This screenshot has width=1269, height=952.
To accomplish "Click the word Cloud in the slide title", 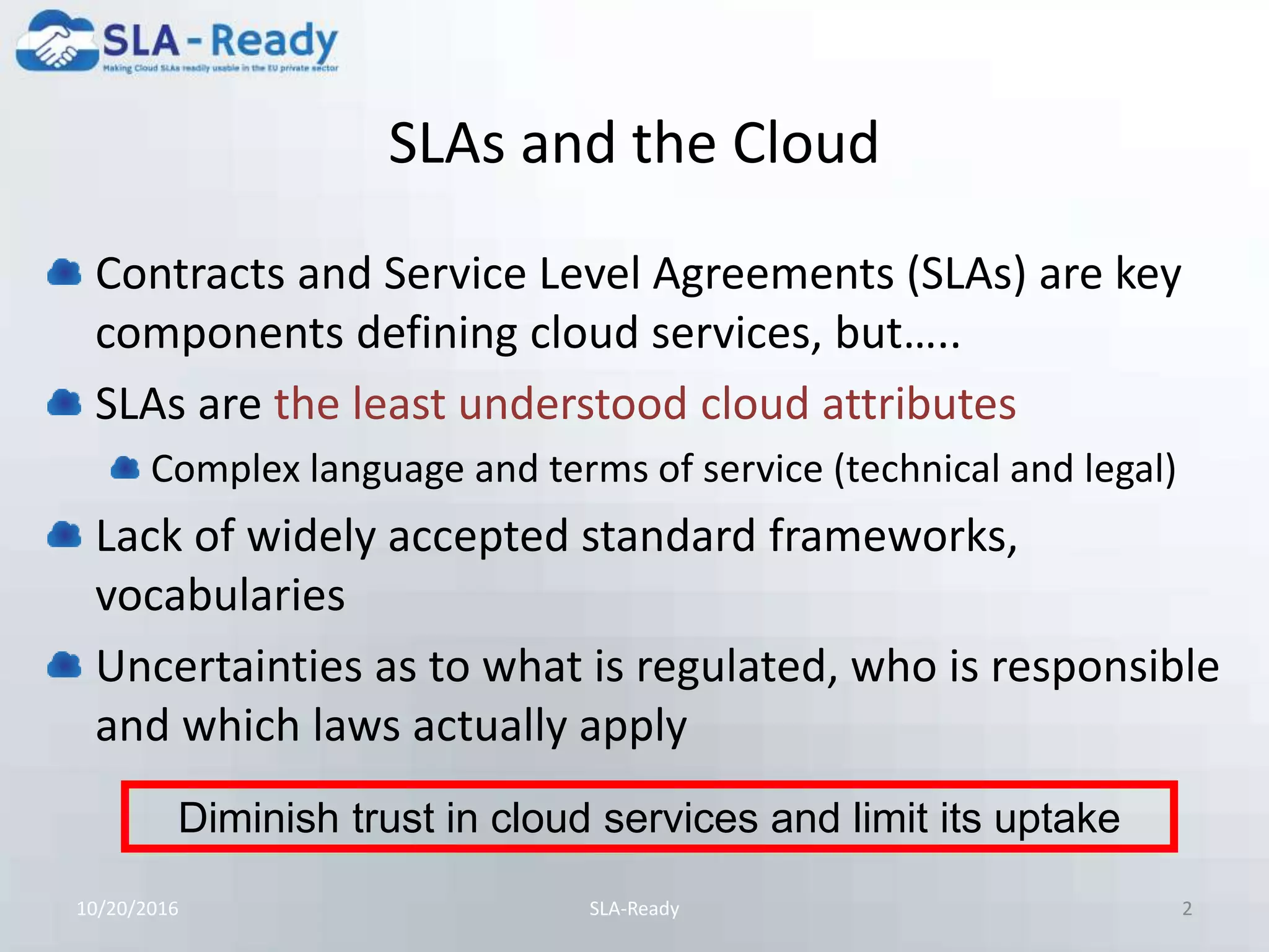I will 805,143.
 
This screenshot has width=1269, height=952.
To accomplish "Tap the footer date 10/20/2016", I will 127,909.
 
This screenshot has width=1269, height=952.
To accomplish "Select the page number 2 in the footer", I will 1187,909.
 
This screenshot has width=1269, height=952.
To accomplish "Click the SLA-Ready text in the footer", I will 634,909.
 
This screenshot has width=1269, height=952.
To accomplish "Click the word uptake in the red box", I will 1057,818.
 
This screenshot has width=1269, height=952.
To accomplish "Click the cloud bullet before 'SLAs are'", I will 64,403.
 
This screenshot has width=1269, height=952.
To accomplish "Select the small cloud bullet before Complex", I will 125,468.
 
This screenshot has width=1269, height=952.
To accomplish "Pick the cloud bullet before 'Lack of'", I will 64,535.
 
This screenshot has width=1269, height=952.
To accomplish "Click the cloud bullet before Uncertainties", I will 64,666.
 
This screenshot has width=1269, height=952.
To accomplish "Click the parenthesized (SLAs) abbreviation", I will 966,274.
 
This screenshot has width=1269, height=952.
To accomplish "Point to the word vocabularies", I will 220,595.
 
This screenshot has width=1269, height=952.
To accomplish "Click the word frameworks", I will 892,535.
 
